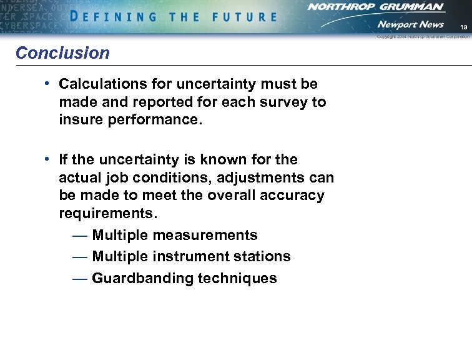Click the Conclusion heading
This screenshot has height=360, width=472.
click(x=62, y=53)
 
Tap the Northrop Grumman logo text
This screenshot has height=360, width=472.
click(x=376, y=7)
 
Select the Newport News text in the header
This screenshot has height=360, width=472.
click(x=410, y=24)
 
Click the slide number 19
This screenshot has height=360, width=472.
click(x=463, y=27)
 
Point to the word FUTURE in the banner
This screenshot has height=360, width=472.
click(x=244, y=17)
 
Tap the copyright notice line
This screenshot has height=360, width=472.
click(x=423, y=37)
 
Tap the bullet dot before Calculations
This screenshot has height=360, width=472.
click(x=47, y=83)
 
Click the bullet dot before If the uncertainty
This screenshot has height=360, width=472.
click(x=47, y=159)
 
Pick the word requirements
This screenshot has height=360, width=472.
click(x=107, y=214)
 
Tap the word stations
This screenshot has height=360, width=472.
click(x=264, y=257)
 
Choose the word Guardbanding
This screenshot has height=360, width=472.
click(x=142, y=279)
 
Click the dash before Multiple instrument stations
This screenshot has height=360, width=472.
click(x=79, y=257)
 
